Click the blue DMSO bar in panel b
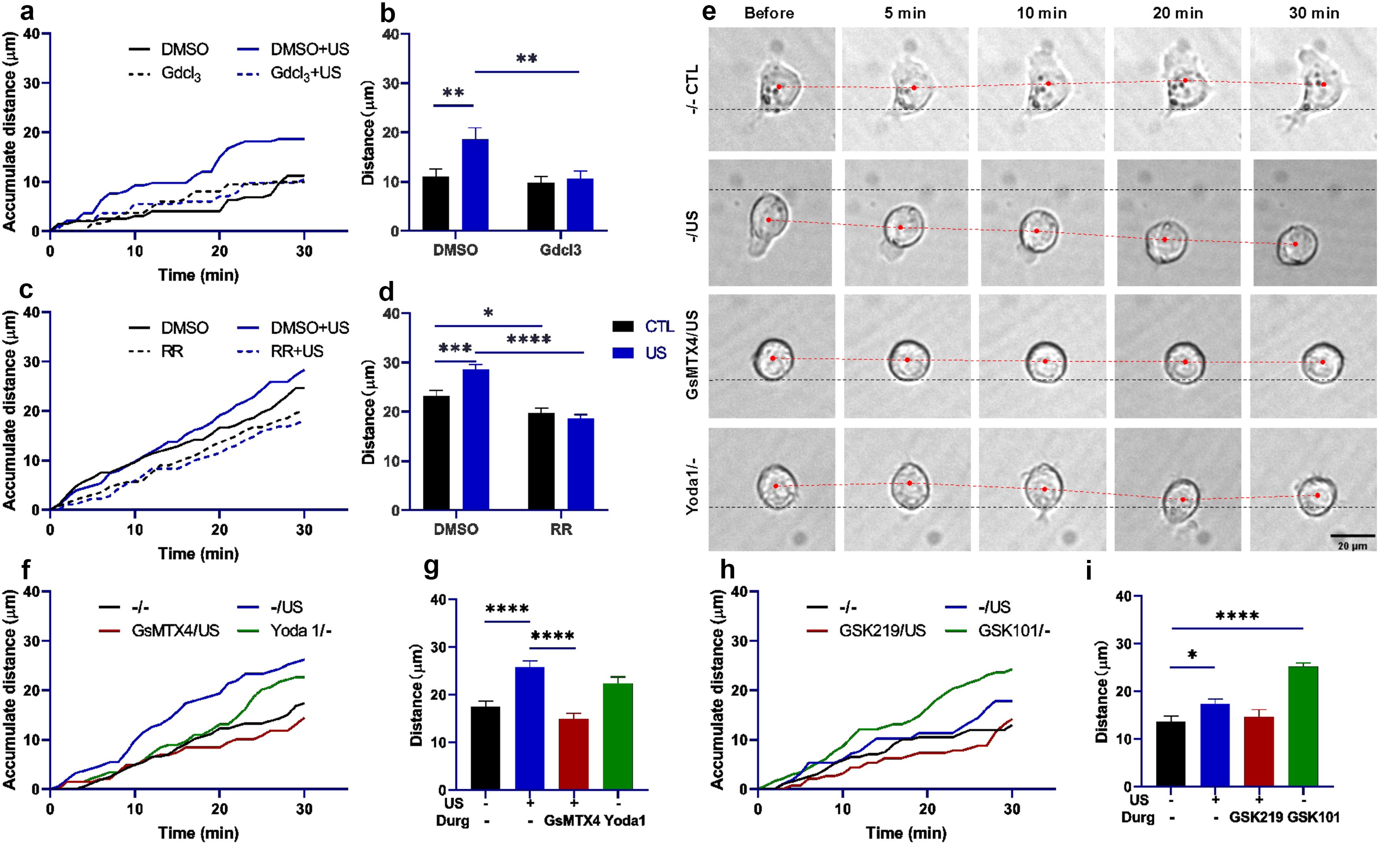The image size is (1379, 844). pyautogui.click(x=475, y=185)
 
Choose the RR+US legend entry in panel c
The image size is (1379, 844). pyautogui.click(x=297, y=351)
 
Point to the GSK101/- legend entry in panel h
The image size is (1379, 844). pyautogui.click(x=1013, y=631)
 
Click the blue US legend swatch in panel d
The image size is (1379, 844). pyautogui.click(x=623, y=353)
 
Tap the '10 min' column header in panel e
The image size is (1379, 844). pyautogui.click(x=1041, y=13)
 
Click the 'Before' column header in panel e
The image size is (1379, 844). pyautogui.click(x=769, y=13)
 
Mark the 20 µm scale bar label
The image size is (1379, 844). pyautogui.click(x=1352, y=546)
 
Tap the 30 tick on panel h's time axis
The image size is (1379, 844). pyautogui.click(x=1012, y=809)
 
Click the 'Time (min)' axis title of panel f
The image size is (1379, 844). pyautogui.click(x=199, y=833)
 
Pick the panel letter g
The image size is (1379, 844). pyautogui.click(x=431, y=567)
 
